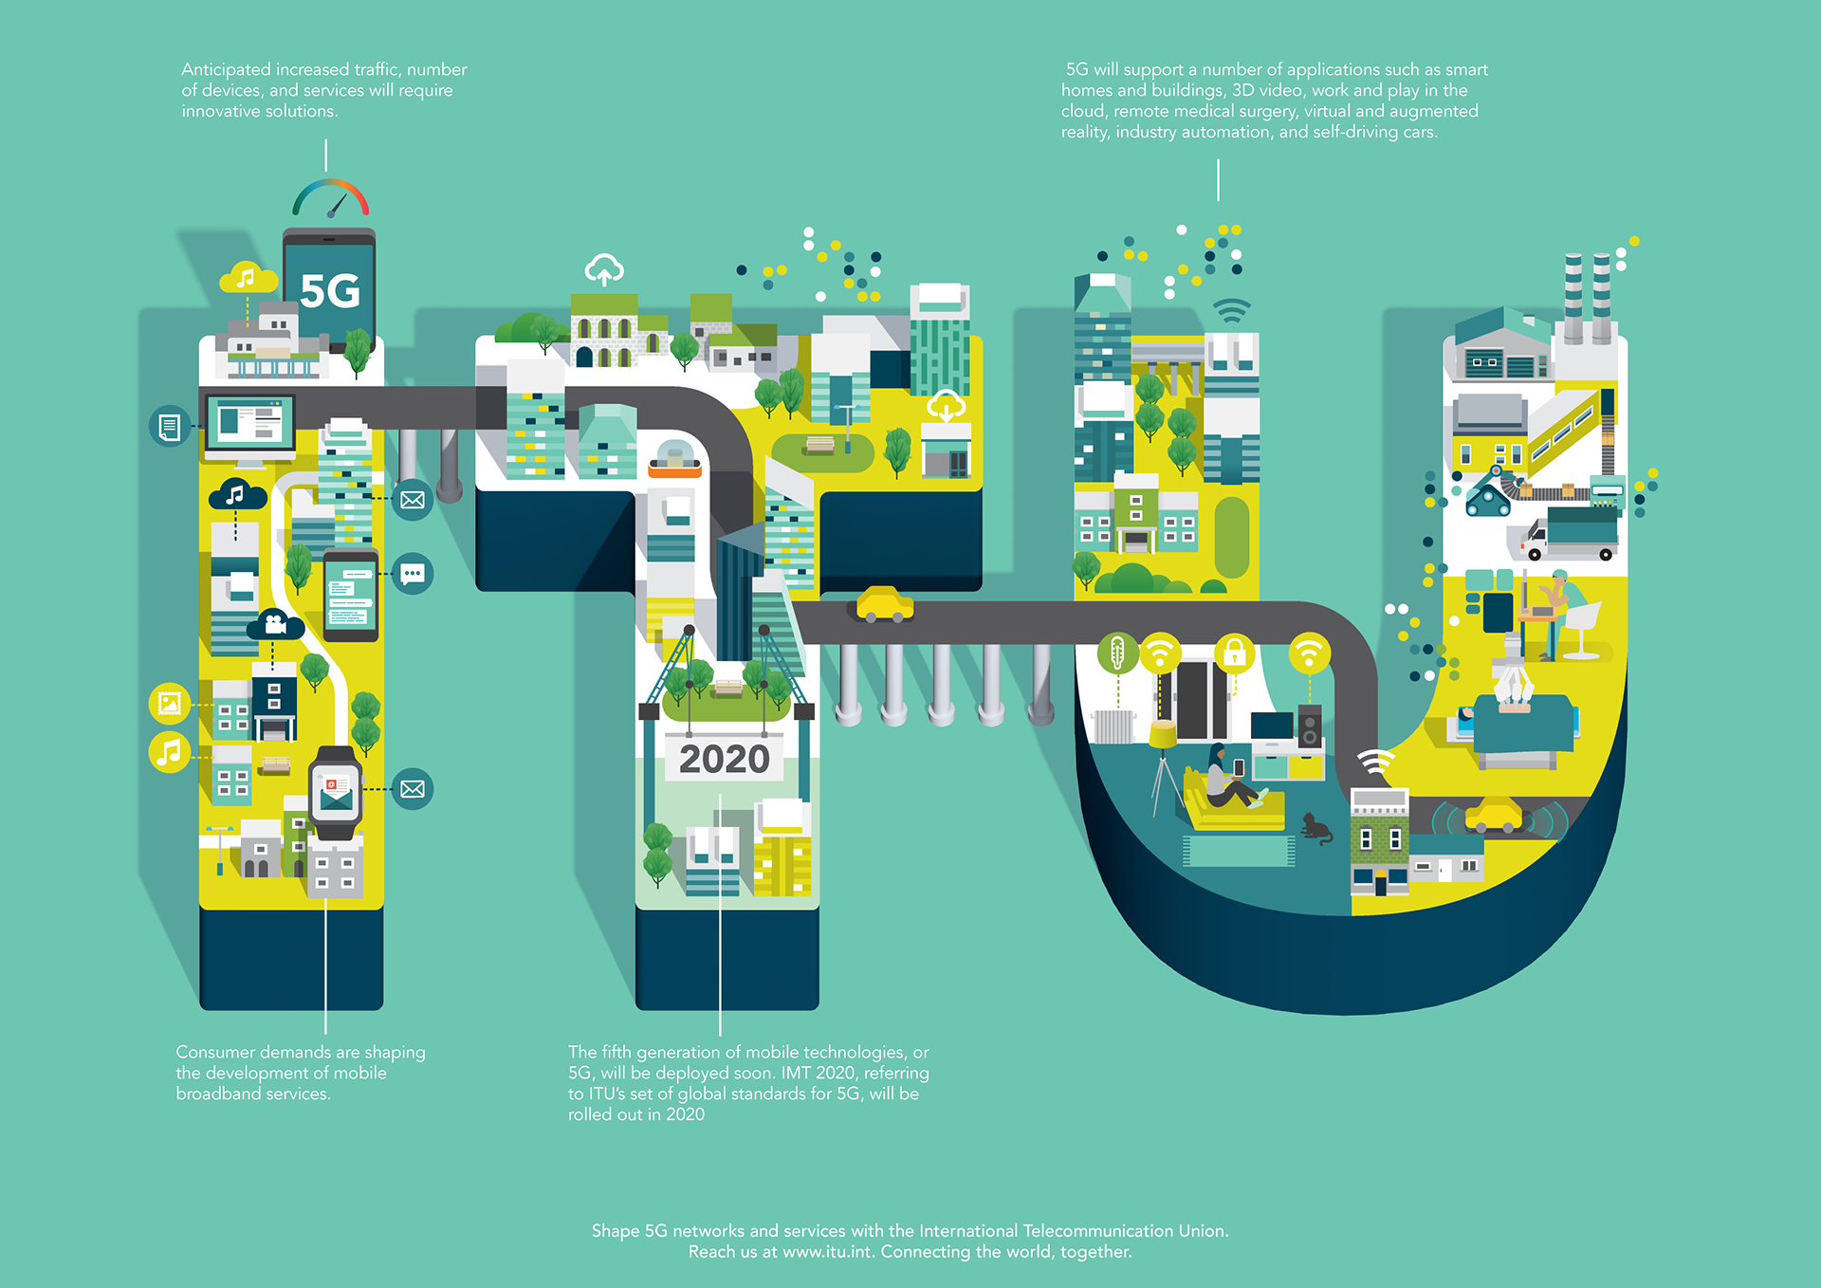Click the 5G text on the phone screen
(330, 291)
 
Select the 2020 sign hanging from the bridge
(725, 759)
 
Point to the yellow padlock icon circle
(1234, 653)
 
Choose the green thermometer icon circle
(1117, 653)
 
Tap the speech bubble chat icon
(413, 574)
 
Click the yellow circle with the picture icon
(170, 703)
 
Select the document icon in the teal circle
(170, 427)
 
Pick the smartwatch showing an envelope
(336, 795)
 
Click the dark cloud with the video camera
(275, 625)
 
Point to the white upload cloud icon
(604, 270)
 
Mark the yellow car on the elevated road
(885, 605)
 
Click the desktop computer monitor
(250, 424)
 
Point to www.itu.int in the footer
(827, 1252)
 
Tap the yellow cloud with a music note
(247, 278)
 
